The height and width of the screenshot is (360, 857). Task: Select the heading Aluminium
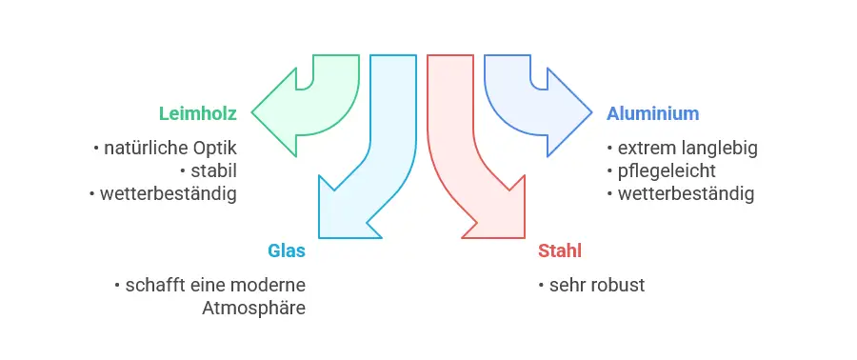click(653, 113)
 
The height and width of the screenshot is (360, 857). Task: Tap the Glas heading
click(287, 251)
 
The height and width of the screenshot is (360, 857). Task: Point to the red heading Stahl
click(560, 251)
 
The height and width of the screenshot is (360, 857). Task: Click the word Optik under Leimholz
click(214, 149)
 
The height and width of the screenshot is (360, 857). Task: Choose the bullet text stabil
click(213, 171)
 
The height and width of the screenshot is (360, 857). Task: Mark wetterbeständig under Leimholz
click(167, 194)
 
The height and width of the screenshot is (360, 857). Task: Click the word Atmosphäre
click(253, 309)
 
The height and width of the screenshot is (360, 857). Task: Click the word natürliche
click(147, 149)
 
